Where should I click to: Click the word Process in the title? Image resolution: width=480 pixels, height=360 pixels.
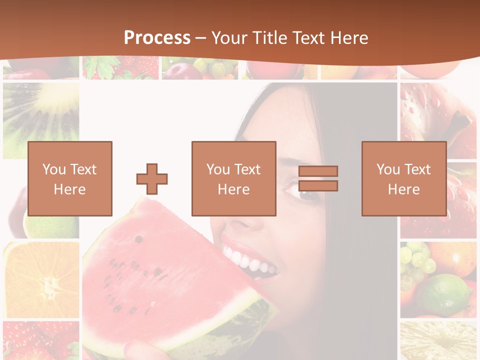coord(157,38)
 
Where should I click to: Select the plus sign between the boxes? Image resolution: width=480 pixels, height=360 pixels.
coord(152,179)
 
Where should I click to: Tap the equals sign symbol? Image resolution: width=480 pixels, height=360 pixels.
coord(318,178)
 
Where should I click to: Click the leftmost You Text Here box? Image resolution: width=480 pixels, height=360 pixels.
coord(70,178)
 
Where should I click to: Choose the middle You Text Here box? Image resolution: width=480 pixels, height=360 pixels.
coord(233,178)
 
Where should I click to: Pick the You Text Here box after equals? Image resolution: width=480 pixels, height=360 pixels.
coord(403,178)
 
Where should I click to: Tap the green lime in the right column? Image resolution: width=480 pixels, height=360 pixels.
coord(445,295)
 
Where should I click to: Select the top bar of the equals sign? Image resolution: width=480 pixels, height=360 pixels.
coord(318,171)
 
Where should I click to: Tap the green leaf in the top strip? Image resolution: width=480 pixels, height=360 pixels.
coord(102,67)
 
